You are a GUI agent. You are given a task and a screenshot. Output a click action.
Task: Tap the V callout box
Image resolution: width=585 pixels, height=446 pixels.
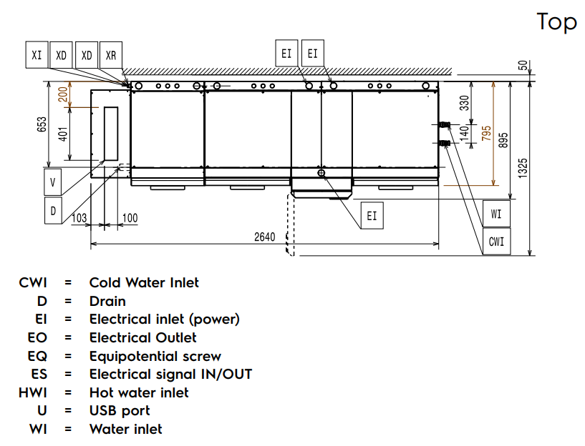52,182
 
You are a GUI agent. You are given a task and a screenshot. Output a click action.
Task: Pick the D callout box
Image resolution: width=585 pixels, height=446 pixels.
52,211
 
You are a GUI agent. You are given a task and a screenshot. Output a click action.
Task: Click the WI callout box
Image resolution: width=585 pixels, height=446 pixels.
496,214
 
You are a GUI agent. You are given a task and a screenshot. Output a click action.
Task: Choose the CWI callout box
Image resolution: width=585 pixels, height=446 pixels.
496,242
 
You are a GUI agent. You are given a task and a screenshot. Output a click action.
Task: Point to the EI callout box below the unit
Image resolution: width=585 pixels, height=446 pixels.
371,214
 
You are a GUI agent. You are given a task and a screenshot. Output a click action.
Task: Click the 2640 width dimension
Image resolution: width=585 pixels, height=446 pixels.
264,237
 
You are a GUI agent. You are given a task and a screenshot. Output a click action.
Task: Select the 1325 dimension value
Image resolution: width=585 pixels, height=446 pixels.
523,168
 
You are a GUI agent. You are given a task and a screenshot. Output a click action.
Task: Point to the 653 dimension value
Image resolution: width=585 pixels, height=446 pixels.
42,124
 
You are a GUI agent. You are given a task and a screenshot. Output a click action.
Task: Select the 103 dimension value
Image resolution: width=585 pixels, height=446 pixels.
79,217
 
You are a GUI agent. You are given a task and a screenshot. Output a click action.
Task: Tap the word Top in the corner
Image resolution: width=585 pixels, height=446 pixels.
556,21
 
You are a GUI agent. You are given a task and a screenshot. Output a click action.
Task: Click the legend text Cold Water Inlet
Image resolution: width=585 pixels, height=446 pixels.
144,283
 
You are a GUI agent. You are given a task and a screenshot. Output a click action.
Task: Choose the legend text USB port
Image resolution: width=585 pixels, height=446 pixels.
120,411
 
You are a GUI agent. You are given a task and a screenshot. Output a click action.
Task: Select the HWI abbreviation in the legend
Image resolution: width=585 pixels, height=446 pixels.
33,392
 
